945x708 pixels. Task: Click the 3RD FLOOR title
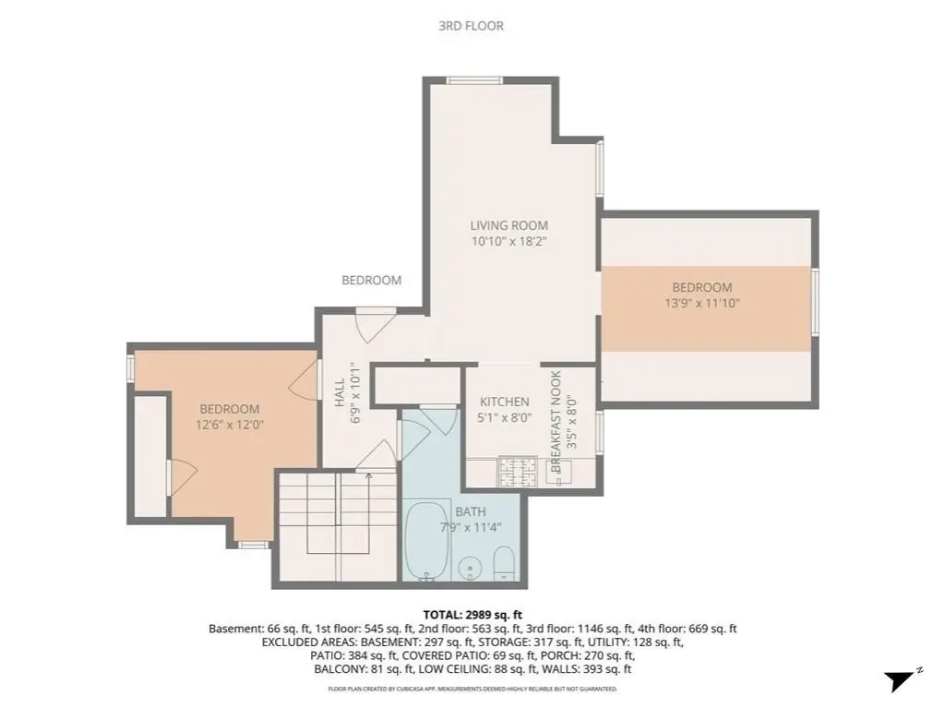[x=471, y=26]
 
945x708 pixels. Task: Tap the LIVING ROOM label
[x=509, y=225]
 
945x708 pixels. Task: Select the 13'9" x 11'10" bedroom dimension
[x=702, y=303]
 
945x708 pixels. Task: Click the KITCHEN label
[x=505, y=402]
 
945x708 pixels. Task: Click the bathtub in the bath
[x=427, y=539]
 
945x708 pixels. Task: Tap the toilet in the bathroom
[x=503, y=563]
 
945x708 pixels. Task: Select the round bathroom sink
[x=468, y=569]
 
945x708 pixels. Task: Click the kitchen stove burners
[x=517, y=472]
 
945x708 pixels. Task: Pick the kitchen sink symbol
[x=558, y=472]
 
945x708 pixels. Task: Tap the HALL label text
[x=340, y=392]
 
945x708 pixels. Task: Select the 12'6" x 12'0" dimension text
[x=230, y=425]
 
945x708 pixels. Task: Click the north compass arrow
[x=900, y=681]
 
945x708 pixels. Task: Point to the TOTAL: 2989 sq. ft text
[x=472, y=615]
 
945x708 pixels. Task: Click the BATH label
[x=471, y=512]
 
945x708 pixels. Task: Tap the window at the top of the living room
[x=474, y=80]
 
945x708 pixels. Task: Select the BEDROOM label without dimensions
[x=371, y=280]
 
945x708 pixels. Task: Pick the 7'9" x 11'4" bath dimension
[x=471, y=528]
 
